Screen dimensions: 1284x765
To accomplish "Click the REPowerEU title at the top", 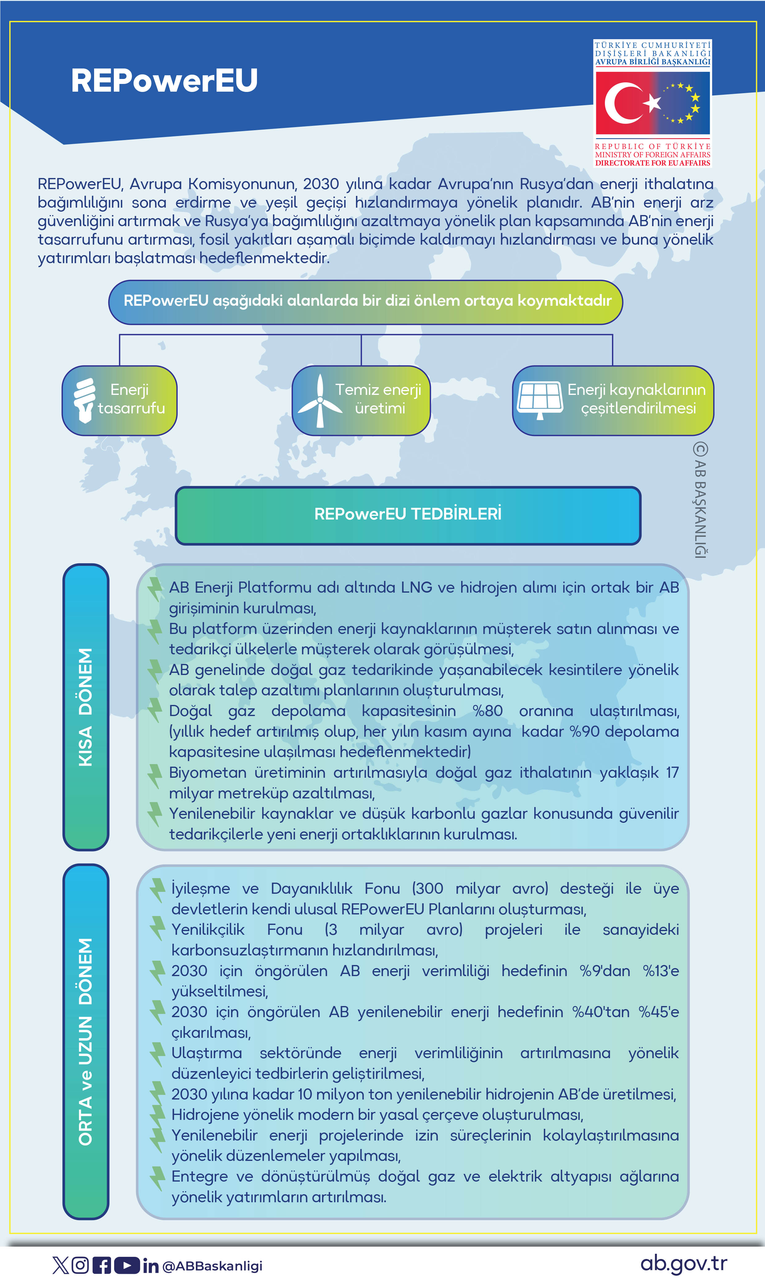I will coord(164,81).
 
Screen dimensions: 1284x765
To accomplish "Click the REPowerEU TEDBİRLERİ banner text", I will coord(408,514).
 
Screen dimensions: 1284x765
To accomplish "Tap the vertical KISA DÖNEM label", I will coord(85,707).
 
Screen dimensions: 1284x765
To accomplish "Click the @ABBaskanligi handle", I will coord(213,1266).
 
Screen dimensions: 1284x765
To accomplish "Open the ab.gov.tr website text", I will coord(684,1263).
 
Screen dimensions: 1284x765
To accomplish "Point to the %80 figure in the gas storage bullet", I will coord(487,711).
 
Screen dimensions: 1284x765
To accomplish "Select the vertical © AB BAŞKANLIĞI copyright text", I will coord(700,500).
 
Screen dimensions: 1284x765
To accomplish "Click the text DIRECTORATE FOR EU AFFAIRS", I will coord(653,163).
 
